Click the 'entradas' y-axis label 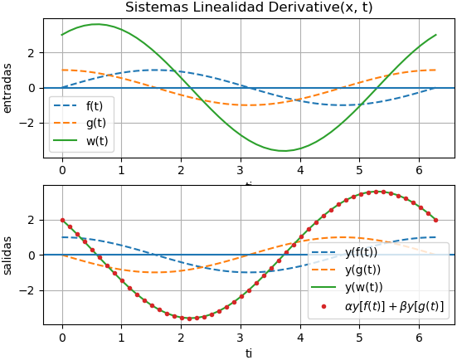(x=7, y=88)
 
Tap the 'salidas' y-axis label (x=7, y=255)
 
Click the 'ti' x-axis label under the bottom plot (x=249, y=353)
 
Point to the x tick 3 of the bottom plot (x=241, y=338)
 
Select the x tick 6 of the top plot (x=419, y=170)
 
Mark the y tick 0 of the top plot (x=33, y=88)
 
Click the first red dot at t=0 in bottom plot (x=62, y=220)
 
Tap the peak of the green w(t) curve (x=97, y=24)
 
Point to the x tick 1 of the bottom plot (x=122, y=338)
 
